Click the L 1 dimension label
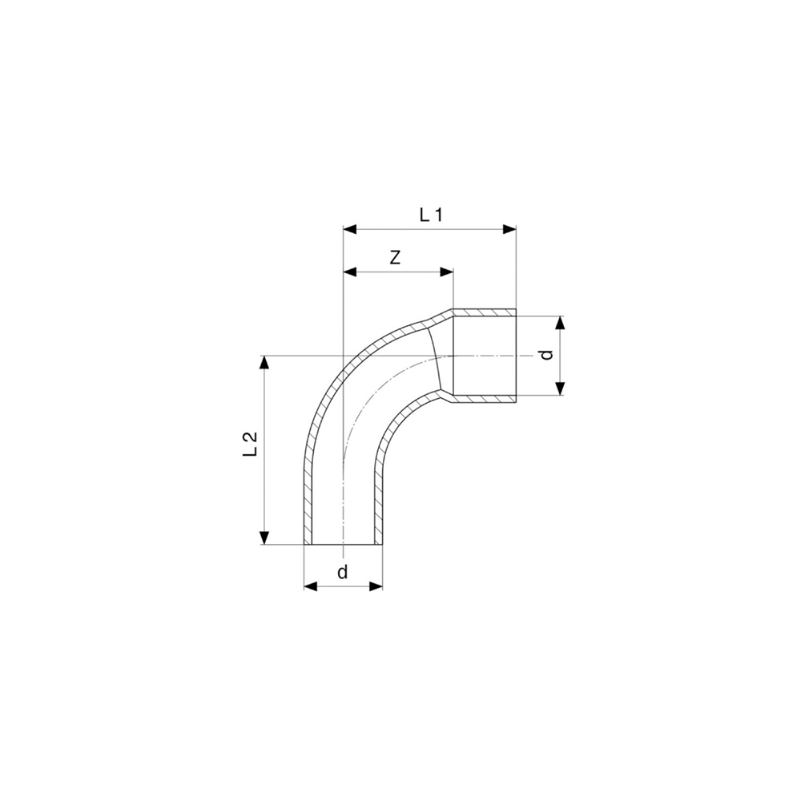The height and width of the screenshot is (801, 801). pos(430,215)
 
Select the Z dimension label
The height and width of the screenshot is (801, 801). pos(395,258)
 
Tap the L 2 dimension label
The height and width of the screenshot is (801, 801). pos(249,444)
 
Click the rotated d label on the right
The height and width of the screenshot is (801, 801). pos(547,355)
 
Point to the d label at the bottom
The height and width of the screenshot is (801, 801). pos(343,571)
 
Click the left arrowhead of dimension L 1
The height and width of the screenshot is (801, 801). pos(349,229)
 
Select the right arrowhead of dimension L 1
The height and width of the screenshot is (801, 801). pos(509,229)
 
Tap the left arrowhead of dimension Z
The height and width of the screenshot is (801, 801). pos(349,272)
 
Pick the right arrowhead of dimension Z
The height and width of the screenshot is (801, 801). pos(447,272)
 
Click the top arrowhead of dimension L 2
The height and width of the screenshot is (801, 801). pos(264,362)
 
